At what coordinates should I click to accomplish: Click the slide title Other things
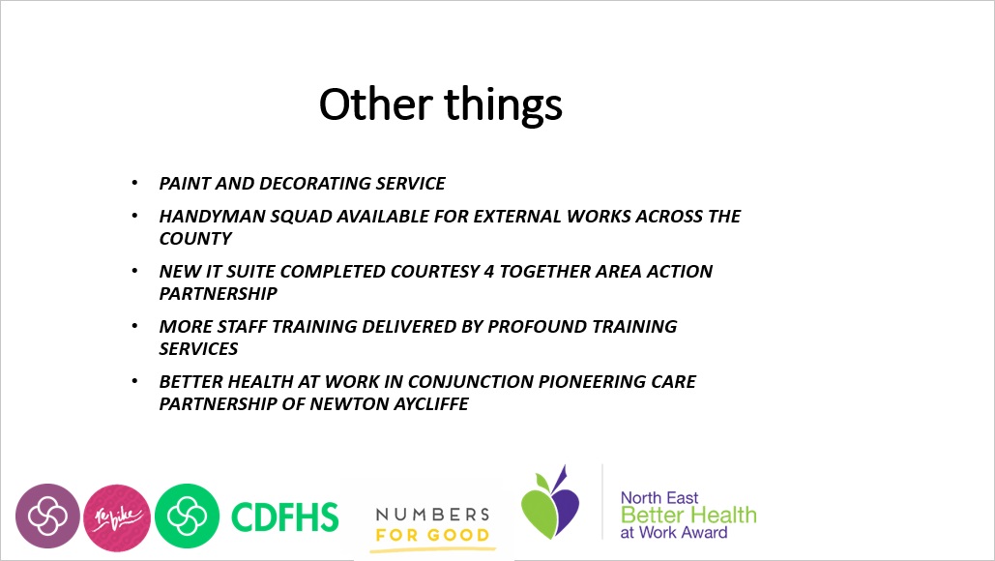[x=440, y=104]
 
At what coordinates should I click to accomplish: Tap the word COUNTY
[x=195, y=239]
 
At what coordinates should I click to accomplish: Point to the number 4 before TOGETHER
[x=488, y=272]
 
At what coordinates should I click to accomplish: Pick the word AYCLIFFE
[x=431, y=404]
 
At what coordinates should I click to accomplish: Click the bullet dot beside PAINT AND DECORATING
[x=134, y=183]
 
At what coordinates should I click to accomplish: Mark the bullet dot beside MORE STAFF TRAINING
[x=134, y=326]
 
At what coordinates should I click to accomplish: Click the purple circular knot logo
[x=47, y=516]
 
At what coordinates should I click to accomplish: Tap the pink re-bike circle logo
[x=117, y=517]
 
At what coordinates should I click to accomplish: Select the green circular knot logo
[x=188, y=516]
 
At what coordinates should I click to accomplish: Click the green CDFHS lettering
[x=285, y=517]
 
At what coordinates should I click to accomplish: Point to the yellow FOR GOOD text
[x=433, y=535]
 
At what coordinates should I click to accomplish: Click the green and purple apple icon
[x=550, y=503]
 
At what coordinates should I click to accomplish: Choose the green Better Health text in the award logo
[x=688, y=515]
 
